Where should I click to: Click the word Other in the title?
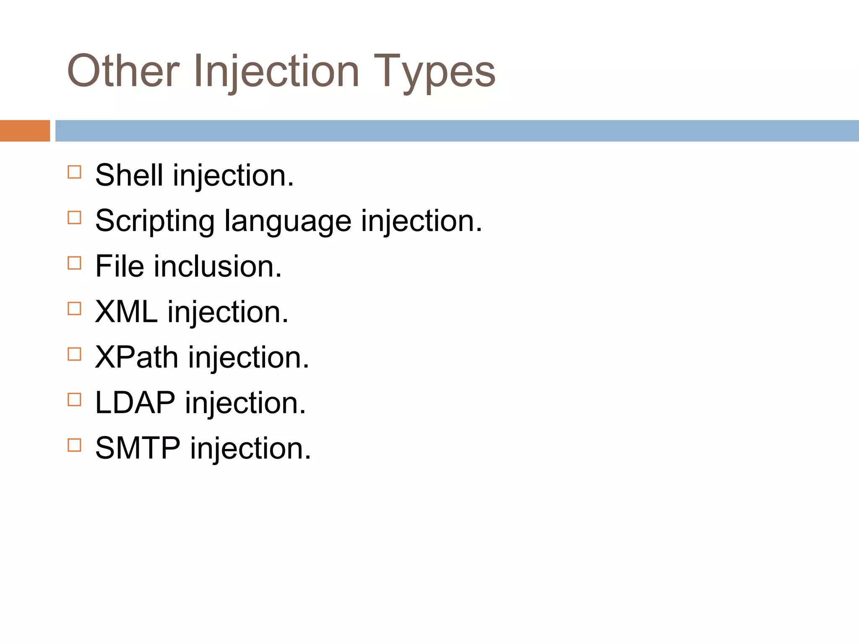coord(123,71)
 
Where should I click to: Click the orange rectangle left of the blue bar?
coord(25,131)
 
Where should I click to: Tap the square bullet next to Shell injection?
coord(74,172)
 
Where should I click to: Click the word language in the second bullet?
coord(288,221)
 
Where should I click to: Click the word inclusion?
coord(217,266)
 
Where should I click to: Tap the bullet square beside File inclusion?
coord(74,263)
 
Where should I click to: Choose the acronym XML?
coord(126,312)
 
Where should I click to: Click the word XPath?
coord(137,358)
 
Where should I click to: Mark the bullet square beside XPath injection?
coord(74,354)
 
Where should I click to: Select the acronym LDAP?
coord(135,403)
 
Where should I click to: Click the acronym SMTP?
coord(138,448)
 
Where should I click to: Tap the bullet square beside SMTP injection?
coord(74,445)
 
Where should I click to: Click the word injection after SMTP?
coord(250,448)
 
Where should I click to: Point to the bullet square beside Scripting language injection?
coord(74,218)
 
